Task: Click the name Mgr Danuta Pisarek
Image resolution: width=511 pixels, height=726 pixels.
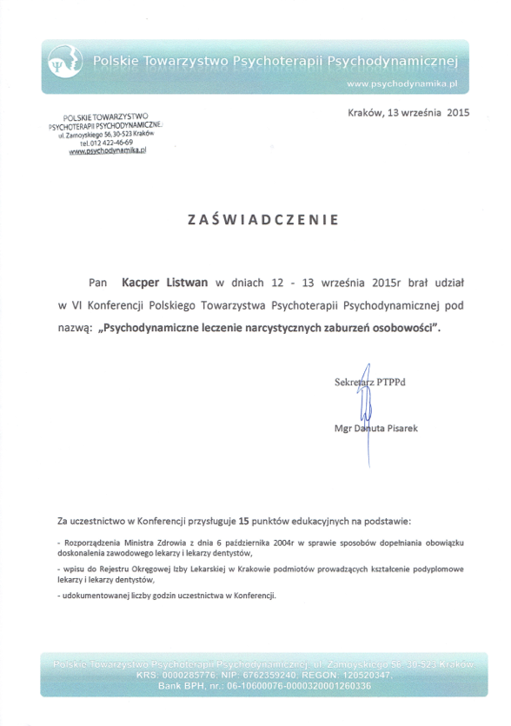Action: pos(375,429)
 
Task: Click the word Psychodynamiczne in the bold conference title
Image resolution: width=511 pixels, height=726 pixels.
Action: pos(159,330)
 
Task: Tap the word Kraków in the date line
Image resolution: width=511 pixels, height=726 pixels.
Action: pos(364,112)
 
